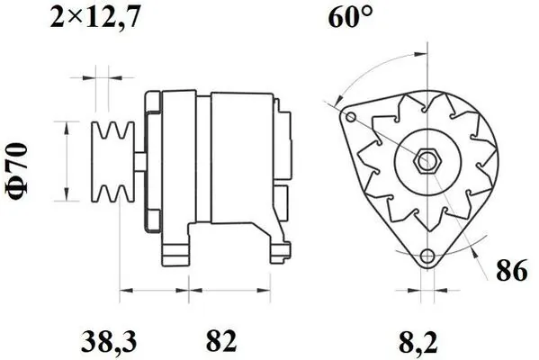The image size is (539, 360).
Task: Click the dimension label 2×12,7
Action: [x=94, y=17]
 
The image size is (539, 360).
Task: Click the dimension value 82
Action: [x=220, y=341]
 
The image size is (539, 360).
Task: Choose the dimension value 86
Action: [x=509, y=270]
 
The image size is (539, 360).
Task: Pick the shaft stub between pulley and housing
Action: [x=142, y=159]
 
